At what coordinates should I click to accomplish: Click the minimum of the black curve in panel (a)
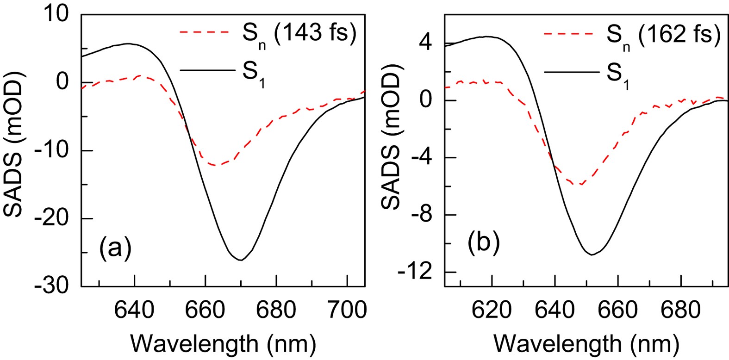tap(241, 260)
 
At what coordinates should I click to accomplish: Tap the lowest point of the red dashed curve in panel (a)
tap(216, 165)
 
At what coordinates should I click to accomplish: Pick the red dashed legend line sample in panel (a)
tap(204, 33)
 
